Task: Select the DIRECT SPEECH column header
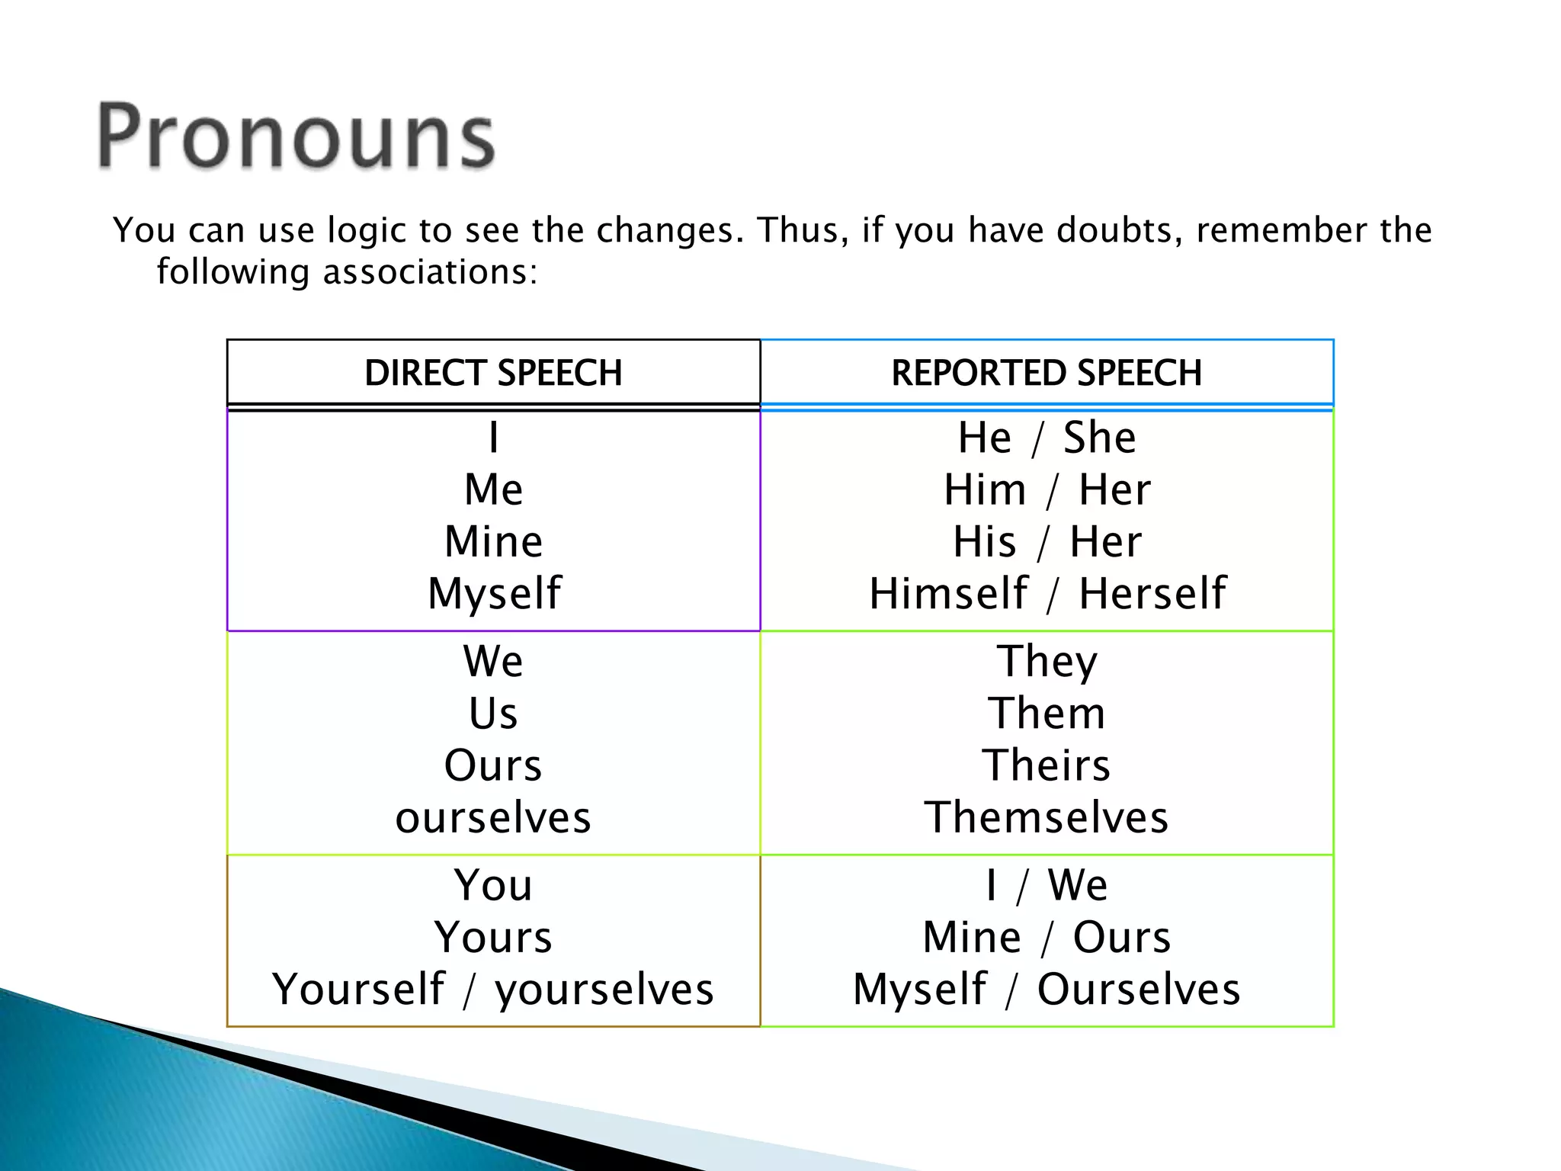coord(493,373)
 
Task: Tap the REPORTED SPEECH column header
coord(1047,373)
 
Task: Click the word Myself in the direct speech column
coord(494,594)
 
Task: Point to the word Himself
coord(948,594)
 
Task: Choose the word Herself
coord(1152,594)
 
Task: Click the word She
coord(1099,438)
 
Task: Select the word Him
coord(985,489)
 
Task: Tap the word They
coord(1047,661)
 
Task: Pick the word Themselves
coord(1047,817)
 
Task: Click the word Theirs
coord(1047,765)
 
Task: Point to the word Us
coord(493,714)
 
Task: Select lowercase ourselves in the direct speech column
coord(493,817)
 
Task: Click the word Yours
coord(493,937)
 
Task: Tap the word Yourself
coord(358,989)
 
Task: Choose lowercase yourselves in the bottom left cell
coord(604,989)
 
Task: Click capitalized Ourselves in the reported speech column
coord(1139,989)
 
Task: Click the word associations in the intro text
coord(430,272)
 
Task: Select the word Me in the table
coord(493,489)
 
